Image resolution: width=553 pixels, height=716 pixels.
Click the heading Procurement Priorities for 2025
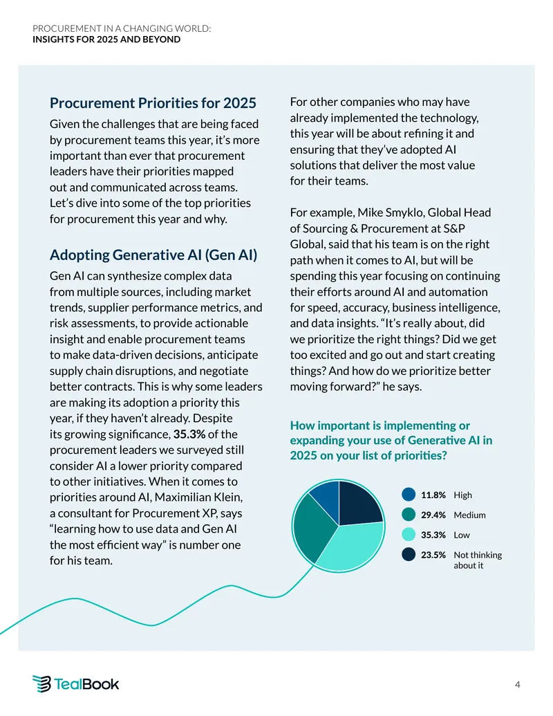(153, 103)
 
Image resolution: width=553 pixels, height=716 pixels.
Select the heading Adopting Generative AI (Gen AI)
(153, 255)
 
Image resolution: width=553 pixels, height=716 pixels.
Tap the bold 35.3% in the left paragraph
(189, 434)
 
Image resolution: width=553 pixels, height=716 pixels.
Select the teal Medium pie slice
(310, 527)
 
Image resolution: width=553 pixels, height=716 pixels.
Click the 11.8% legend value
(433, 495)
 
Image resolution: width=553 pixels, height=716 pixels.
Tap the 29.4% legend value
(433, 515)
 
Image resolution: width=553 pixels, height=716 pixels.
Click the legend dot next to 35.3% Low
(409, 535)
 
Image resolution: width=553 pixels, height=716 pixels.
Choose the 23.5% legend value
(433, 555)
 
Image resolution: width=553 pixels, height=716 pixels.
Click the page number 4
(518, 684)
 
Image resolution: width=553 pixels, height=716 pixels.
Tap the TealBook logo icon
(41, 683)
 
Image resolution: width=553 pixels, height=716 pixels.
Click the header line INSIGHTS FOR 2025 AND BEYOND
(106, 39)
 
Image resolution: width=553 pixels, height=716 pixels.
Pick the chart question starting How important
(391, 440)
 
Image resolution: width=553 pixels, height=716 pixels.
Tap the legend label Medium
(469, 515)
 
